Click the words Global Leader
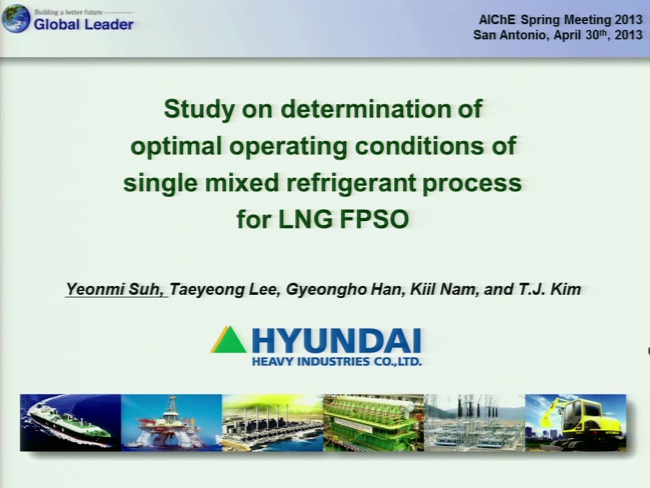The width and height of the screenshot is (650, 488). coord(83,25)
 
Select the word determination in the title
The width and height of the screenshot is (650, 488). coord(366,109)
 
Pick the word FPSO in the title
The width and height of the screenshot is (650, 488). coord(375,219)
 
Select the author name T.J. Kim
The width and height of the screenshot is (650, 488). coord(550,289)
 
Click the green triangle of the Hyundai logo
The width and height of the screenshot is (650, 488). coord(229,339)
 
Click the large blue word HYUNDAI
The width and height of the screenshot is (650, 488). coord(336,341)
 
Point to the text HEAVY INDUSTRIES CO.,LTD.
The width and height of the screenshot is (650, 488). coord(336,362)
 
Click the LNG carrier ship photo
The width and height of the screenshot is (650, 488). coord(70,423)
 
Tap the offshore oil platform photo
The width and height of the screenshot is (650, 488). coord(171,423)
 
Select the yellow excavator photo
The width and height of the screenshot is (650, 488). coord(575,423)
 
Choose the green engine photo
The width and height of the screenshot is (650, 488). coord(373,423)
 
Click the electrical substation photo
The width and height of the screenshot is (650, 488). coord(475,423)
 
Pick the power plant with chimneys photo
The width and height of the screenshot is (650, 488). coord(272,423)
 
